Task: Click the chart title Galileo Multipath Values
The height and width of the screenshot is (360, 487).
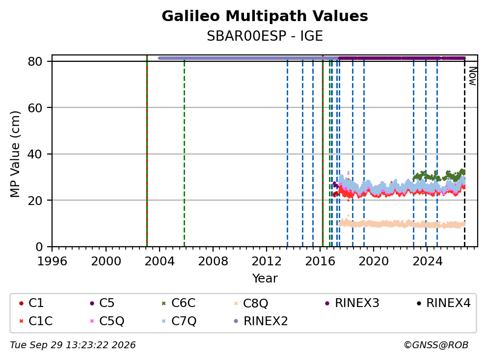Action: point(265,16)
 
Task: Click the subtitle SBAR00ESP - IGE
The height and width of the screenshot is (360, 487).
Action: point(265,36)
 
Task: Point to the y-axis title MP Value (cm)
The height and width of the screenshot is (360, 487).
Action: point(15,154)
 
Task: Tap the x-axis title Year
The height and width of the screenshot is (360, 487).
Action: point(265,278)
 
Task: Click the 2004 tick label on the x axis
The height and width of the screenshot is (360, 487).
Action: point(160,261)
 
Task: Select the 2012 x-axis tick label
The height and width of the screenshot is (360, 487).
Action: point(267,261)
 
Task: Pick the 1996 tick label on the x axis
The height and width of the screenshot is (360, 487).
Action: point(52,261)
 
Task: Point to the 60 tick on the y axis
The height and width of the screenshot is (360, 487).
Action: point(35,108)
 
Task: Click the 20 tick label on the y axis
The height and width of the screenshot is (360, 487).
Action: point(35,201)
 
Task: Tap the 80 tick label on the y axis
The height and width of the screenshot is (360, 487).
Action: point(35,61)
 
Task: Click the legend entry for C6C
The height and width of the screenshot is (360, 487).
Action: point(179,303)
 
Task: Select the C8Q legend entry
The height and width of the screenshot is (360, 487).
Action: point(251,303)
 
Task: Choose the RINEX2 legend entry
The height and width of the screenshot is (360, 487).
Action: point(261,321)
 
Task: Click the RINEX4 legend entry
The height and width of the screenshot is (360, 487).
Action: point(443,303)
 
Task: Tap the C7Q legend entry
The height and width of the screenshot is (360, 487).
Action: point(179,321)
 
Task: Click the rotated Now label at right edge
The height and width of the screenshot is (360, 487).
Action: point(472,77)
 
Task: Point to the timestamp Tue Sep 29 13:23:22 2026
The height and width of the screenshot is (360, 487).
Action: point(73,345)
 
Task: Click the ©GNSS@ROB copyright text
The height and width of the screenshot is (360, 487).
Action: point(436,345)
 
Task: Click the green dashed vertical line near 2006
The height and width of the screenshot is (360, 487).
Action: point(184,154)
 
